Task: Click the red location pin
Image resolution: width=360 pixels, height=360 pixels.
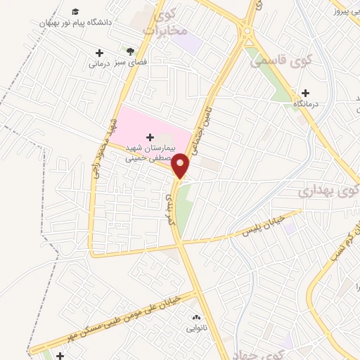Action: [181, 165]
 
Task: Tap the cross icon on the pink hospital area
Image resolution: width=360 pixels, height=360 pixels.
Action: [148, 136]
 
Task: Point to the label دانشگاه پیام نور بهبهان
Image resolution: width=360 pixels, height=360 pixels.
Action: [76, 23]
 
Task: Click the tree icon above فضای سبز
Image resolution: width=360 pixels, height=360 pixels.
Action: [130, 51]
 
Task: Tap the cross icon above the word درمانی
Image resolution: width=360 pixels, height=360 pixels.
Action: [99, 53]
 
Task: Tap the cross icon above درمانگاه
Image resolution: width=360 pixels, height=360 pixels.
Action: [305, 93]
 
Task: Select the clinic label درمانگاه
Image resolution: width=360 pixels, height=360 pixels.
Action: [305, 104]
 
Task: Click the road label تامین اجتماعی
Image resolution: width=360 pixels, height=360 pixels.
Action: [213, 120]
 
